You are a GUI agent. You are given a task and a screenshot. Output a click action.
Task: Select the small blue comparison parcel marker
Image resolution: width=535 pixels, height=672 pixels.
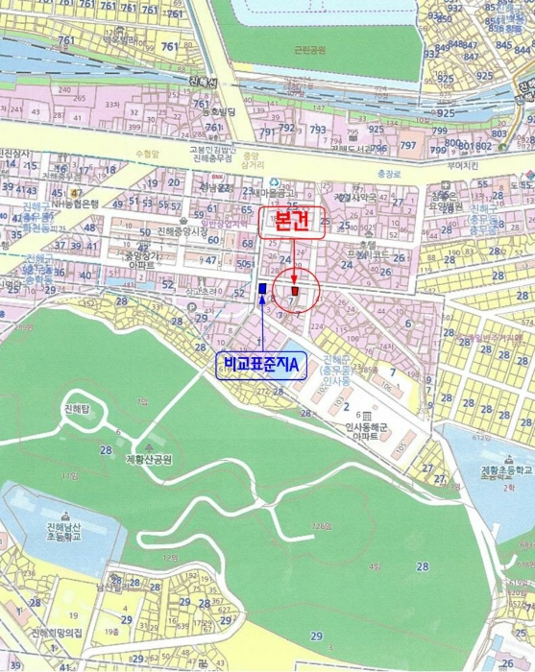pos(263,289)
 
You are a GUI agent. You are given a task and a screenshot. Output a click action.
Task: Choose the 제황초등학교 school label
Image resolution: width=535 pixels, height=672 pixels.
pos(506,470)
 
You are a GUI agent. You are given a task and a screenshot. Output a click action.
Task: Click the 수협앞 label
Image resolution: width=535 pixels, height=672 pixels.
pos(146,154)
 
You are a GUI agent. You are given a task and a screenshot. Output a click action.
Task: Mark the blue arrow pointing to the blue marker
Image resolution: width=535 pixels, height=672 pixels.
pos(263,326)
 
